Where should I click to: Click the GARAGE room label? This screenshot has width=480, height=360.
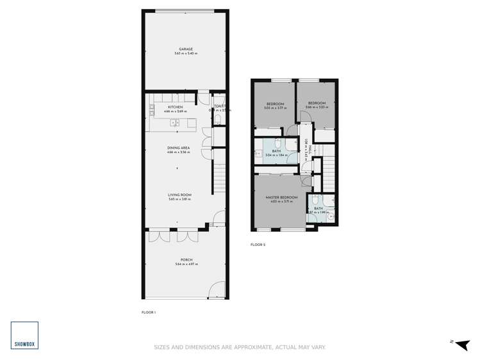point(186,49)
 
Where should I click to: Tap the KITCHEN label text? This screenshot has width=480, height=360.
point(175,107)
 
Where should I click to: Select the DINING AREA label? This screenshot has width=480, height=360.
point(178,148)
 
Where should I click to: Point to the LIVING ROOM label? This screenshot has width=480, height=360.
point(180,195)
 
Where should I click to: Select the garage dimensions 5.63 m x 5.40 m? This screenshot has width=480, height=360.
point(186,53)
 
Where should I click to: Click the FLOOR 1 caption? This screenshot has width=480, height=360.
point(149,312)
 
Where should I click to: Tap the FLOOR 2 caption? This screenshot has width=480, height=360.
point(258,245)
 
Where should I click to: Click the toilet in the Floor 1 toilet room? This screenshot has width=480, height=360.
point(219,120)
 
